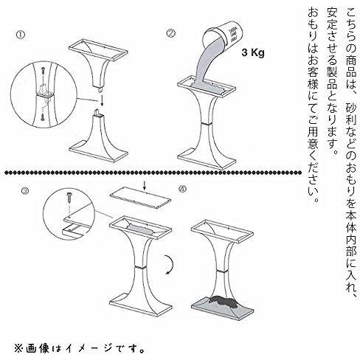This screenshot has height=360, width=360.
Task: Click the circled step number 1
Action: coord(21,35)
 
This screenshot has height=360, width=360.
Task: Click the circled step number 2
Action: coord(171,33)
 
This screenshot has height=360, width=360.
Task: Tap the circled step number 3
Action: coord(25,190)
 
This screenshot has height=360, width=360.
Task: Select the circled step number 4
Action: coord(183,189)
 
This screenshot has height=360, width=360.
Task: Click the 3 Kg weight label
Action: coord(253,53)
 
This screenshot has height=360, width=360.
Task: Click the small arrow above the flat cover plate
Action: coord(145,187)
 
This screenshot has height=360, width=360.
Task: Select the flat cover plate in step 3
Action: coord(140,198)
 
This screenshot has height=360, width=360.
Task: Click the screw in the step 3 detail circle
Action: coord(69,198)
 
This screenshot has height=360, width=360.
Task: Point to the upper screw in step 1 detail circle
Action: coord(44,72)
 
